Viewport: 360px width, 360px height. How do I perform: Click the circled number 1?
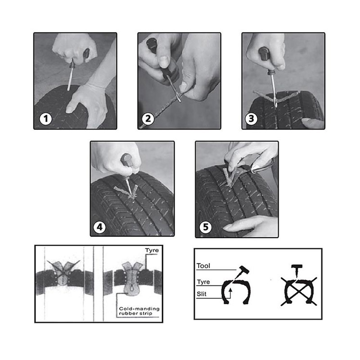pos(45,119)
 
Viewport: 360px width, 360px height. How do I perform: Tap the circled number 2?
pos(148,119)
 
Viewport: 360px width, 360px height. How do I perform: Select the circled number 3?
pos(251,119)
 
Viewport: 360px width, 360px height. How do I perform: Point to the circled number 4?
pos(99,227)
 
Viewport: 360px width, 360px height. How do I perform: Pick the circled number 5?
pos(206,227)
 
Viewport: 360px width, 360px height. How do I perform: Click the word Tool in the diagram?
pos(203,266)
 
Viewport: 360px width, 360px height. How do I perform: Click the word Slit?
pos(201,294)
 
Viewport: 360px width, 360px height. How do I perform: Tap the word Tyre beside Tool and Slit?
pos(203,282)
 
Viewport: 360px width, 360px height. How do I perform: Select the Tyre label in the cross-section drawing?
pos(152,250)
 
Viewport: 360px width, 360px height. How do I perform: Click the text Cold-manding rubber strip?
pos(139,311)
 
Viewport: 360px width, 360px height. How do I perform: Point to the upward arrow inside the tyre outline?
pos(230,294)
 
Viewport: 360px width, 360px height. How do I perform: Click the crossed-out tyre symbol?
pos(299,292)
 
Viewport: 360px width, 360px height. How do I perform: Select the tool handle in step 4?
pos(126,160)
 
